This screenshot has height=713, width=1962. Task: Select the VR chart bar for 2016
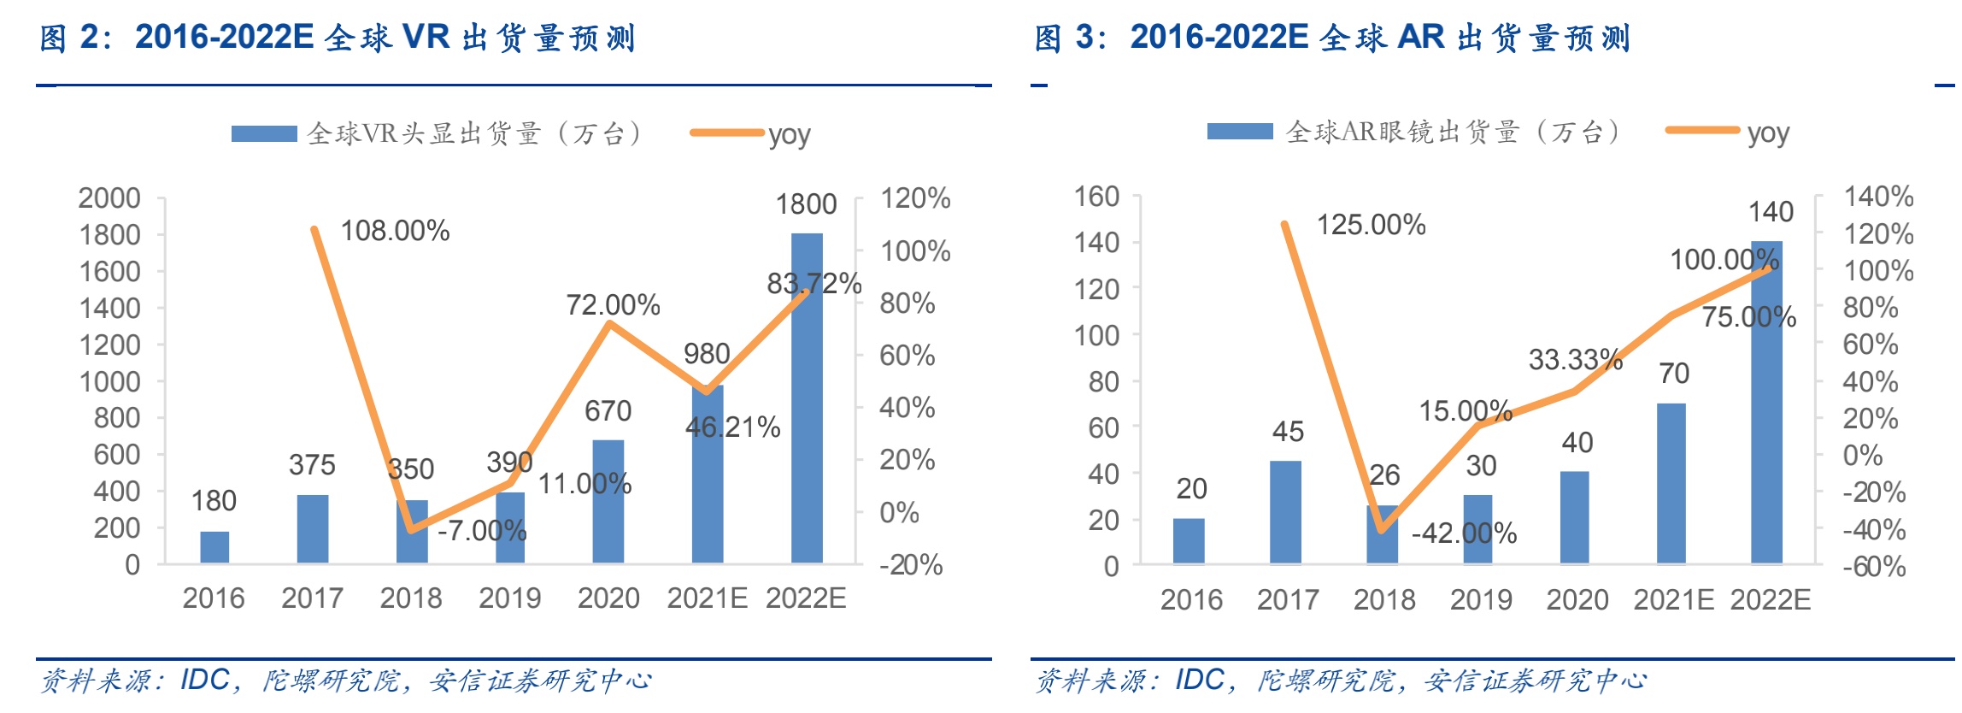214,547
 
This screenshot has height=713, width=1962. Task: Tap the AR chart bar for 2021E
1671,483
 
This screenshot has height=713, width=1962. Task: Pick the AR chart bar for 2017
1285,512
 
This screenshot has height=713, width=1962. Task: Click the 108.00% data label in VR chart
395,231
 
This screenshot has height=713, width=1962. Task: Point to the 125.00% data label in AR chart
1371,225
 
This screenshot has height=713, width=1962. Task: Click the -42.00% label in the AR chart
1464,533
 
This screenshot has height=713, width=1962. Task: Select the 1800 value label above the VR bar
806,204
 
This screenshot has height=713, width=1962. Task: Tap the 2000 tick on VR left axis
109,198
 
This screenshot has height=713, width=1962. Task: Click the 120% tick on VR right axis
915,198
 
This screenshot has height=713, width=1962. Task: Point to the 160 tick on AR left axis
1096,197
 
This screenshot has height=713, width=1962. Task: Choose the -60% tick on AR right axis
1874,566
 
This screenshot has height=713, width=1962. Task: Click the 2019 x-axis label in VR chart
509,598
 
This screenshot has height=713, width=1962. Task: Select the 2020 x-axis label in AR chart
1577,600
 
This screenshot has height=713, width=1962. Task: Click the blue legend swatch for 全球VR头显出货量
264,133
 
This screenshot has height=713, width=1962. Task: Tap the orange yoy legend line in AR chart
1702,131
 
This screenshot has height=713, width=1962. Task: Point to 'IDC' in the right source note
1200,681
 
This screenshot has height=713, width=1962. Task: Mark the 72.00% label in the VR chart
613,305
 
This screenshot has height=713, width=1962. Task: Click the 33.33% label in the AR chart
1575,360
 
